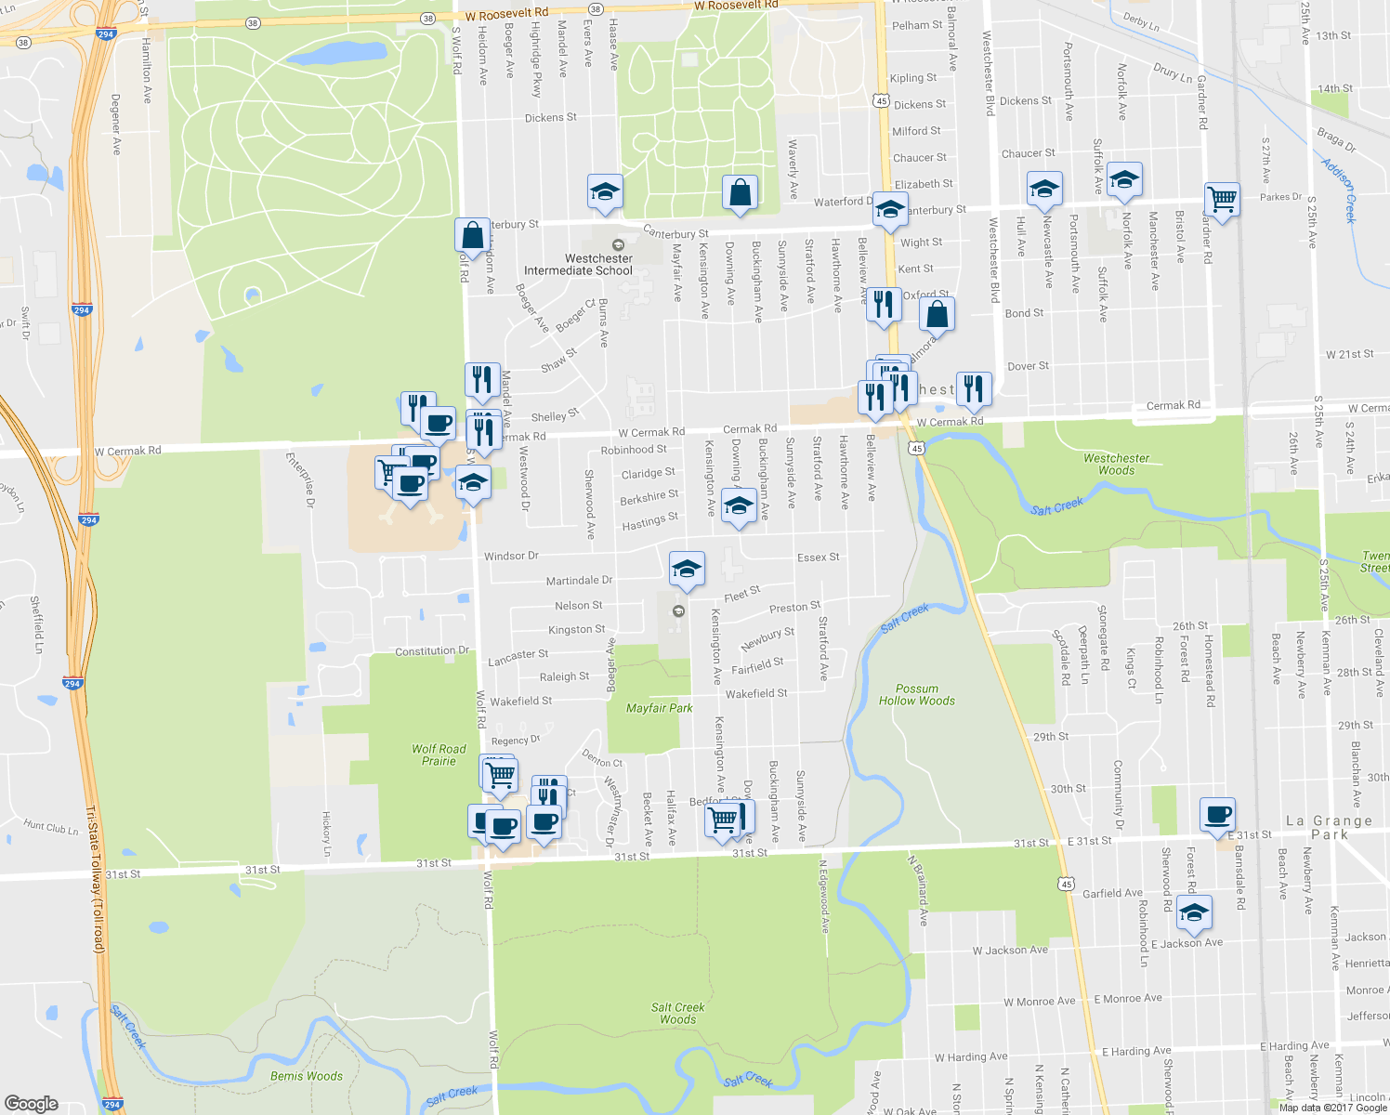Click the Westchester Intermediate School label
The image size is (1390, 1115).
point(578,265)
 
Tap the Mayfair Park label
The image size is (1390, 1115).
point(659,708)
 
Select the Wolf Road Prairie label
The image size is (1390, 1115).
point(439,754)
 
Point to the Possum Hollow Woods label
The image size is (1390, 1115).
point(917,695)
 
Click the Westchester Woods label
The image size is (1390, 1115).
point(1116,464)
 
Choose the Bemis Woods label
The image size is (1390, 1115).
point(306,1076)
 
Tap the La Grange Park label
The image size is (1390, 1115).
point(1329,827)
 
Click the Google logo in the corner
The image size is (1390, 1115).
point(32,1103)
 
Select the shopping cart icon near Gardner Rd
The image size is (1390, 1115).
point(1222,199)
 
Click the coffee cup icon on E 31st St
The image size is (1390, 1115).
point(1217,815)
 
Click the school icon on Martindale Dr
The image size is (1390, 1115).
point(686,569)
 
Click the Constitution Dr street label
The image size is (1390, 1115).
point(432,651)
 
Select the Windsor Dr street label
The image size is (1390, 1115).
point(511,556)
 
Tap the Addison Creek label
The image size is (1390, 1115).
point(1339,190)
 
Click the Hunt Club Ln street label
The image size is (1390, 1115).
point(51,826)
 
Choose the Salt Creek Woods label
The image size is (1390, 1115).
point(677,1013)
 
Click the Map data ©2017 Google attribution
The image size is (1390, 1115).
point(1332,1107)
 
